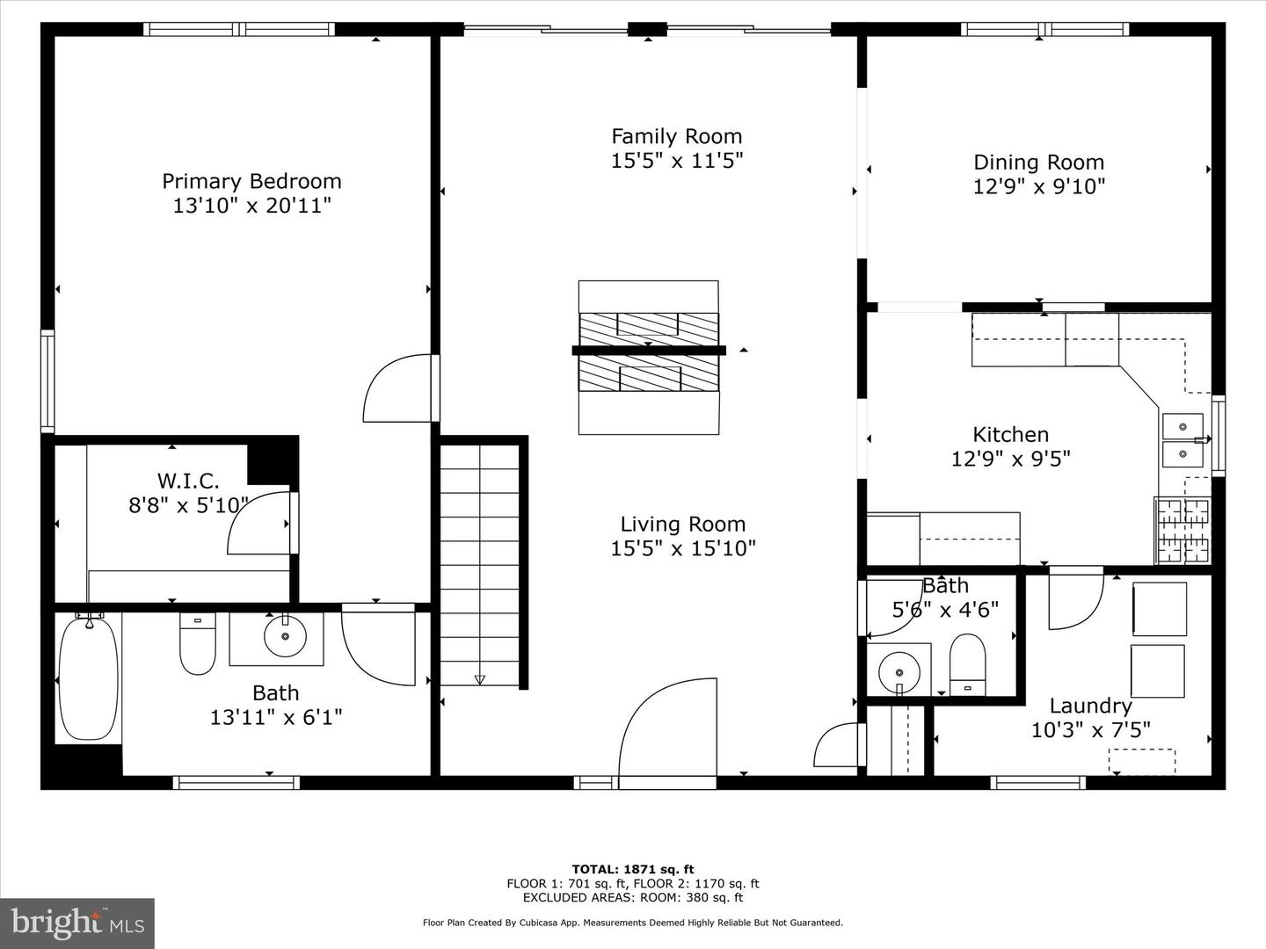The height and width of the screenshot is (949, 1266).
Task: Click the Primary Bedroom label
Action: click(x=251, y=181)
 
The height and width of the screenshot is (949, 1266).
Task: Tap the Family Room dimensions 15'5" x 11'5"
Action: click(x=677, y=161)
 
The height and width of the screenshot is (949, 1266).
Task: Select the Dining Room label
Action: click(x=1038, y=163)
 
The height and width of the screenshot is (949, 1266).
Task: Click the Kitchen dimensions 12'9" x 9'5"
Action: click(x=1010, y=459)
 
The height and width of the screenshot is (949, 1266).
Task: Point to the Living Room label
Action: click(x=682, y=525)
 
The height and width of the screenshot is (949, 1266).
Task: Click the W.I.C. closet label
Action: click(x=188, y=481)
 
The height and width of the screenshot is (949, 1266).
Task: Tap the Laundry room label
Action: click(x=1090, y=706)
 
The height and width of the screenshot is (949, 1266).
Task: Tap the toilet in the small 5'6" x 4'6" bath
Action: click(x=967, y=663)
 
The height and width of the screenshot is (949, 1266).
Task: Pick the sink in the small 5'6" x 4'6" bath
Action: click(x=899, y=671)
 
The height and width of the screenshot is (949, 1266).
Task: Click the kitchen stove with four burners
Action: click(x=1183, y=530)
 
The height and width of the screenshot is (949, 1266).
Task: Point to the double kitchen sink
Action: click(x=1183, y=440)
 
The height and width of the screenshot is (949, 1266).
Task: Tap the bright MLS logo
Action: click(x=77, y=923)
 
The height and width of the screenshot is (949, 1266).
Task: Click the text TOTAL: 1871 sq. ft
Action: click(x=632, y=870)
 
